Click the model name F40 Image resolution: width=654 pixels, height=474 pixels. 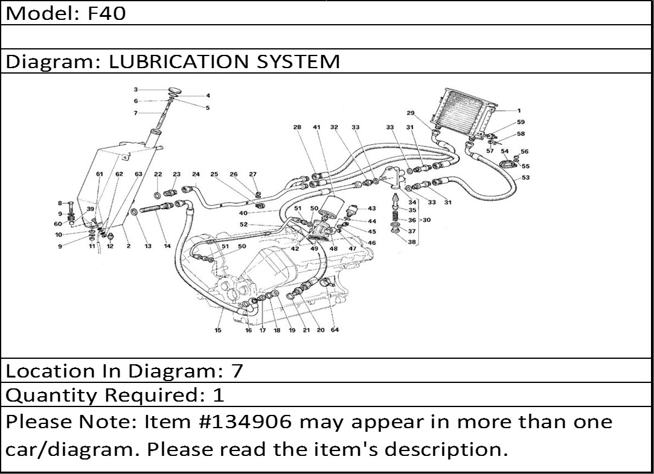[x=107, y=13]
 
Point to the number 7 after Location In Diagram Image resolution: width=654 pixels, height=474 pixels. [x=237, y=370]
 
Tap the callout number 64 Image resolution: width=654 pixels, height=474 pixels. [x=335, y=330]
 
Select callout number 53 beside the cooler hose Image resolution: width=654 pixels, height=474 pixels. [x=526, y=177]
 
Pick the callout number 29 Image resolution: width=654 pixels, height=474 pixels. [x=411, y=113]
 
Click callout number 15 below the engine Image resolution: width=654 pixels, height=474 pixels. [x=218, y=330]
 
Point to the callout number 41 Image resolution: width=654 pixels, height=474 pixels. [x=316, y=127]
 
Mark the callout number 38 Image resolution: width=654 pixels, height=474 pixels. [x=412, y=242]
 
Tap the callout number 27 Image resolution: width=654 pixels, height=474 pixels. [x=252, y=174]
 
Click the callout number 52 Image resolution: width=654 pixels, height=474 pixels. [x=243, y=224]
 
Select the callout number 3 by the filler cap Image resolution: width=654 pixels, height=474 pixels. [x=136, y=90]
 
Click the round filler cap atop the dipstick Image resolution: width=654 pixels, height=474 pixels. [x=174, y=90]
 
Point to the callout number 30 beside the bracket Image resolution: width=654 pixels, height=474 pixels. [x=426, y=220]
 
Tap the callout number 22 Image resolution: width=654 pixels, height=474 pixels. [x=158, y=174]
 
